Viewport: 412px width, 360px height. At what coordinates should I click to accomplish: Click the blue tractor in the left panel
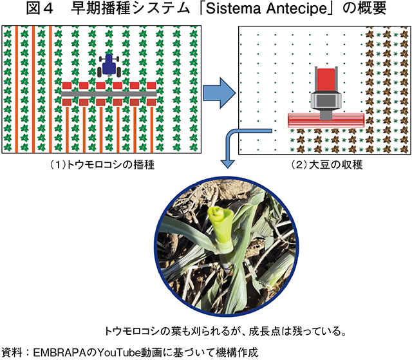(109, 66)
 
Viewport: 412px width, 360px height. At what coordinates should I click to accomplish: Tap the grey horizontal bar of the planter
(109, 94)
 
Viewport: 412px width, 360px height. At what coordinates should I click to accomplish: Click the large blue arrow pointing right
(219, 93)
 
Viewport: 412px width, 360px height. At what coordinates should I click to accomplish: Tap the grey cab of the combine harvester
(326, 100)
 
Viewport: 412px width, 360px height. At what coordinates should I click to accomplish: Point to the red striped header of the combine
(326, 120)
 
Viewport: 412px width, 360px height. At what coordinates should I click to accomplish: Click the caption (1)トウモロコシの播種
(102, 165)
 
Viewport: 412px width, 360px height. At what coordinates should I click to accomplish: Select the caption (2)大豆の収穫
(327, 165)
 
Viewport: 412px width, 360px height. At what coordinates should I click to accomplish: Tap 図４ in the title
(39, 8)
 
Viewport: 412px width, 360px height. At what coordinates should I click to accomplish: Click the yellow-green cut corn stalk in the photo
(221, 229)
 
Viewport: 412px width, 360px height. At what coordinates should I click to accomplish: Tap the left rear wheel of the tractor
(100, 72)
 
